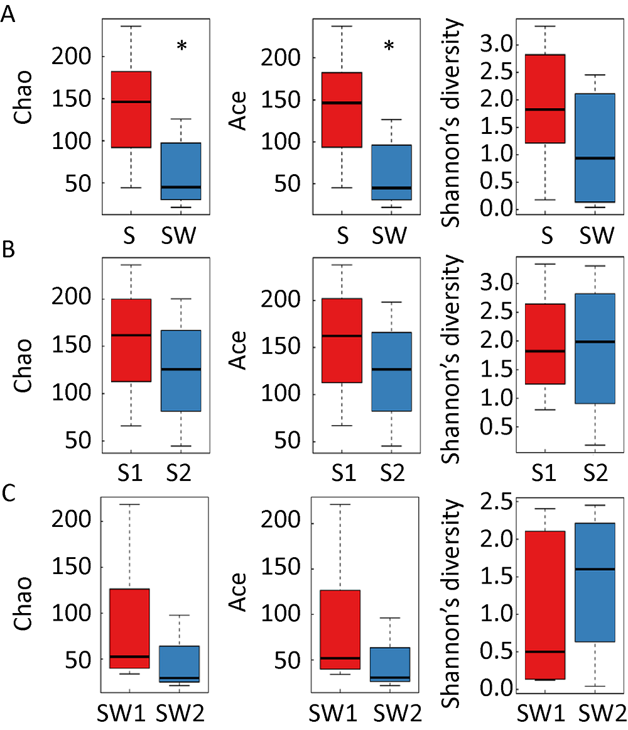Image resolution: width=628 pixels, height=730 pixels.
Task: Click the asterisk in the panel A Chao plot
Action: pos(181,47)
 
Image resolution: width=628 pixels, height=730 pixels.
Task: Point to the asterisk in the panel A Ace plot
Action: pos(389,47)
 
